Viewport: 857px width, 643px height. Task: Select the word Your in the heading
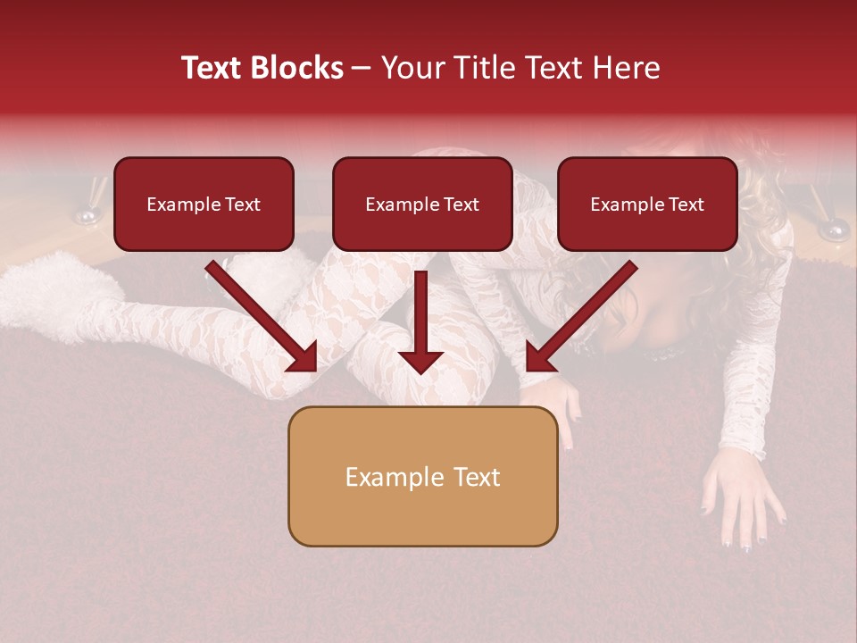tap(412, 68)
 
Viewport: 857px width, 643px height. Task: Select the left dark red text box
tap(204, 204)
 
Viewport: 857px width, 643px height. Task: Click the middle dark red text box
tap(422, 204)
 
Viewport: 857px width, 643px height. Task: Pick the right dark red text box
tap(647, 204)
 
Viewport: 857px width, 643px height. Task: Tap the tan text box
tap(422, 476)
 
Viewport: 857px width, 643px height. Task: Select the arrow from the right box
tap(580, 318)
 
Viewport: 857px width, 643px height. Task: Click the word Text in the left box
tap(243, 205)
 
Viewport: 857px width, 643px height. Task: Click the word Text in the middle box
tap(462, 205)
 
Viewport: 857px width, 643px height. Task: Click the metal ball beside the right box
tap(834, 230)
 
